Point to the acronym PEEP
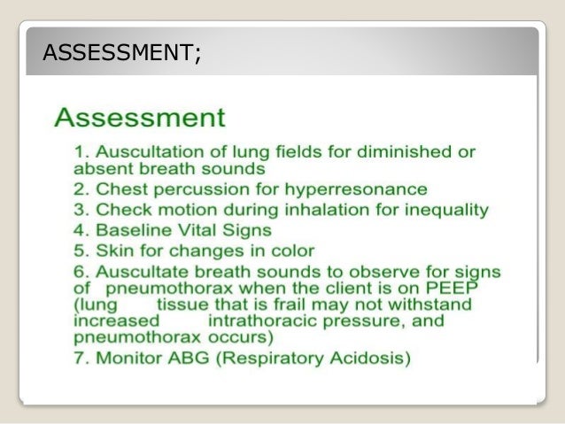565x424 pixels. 447,287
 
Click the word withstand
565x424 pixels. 433,304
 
